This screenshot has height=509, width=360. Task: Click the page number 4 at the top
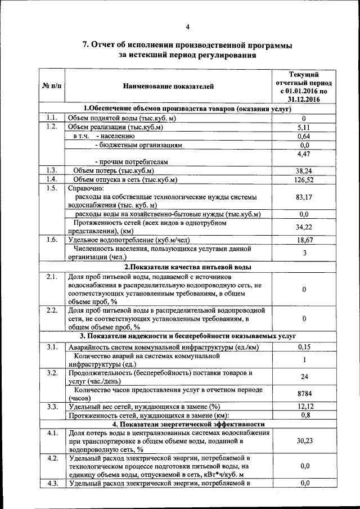click(x=188, y=26)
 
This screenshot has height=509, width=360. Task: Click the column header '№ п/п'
click(x=52, y=87)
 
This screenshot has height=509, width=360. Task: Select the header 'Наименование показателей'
click(x=169, y=87)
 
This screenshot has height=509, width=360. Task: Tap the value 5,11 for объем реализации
click(x=304, y=127)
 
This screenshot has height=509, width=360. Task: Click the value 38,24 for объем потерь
click(x=304, y=170)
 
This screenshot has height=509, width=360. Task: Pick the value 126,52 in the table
click(x=304, y=179)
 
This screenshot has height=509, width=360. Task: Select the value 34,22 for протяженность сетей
click(x=304, y=227)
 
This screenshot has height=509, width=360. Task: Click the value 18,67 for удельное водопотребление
click(x=304, y=240)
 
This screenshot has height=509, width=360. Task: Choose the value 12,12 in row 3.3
click(x=304, y=407)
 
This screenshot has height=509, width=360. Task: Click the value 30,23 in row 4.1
click(x=304, y=442)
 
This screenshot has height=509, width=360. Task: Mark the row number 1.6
click(x=52, y=240)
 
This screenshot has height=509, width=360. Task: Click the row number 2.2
click(x=52, y=310)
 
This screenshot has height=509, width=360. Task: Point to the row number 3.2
click(x=52, y=373)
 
